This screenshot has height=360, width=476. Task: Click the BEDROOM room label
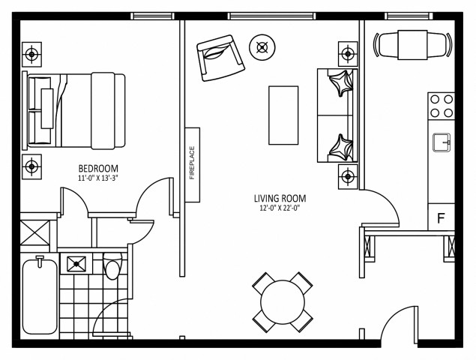[99, 168]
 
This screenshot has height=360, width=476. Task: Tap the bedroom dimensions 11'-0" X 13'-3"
[99, 178]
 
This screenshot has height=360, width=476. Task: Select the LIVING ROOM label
[279, 199]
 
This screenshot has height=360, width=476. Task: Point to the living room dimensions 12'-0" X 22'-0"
[279, 208]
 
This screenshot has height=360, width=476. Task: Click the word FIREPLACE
[192, 163]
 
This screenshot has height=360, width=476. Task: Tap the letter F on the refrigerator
[441, 219]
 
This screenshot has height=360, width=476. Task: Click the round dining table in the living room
[283, 302]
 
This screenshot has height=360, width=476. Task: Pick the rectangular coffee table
[283, 115]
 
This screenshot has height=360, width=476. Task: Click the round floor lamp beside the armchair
[262, 47]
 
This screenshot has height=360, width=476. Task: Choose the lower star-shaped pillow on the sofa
[341, 144]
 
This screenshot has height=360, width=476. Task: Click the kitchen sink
[442, 140]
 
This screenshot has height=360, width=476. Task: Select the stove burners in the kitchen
[442, 105]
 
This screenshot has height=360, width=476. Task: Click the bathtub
[39, 296]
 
